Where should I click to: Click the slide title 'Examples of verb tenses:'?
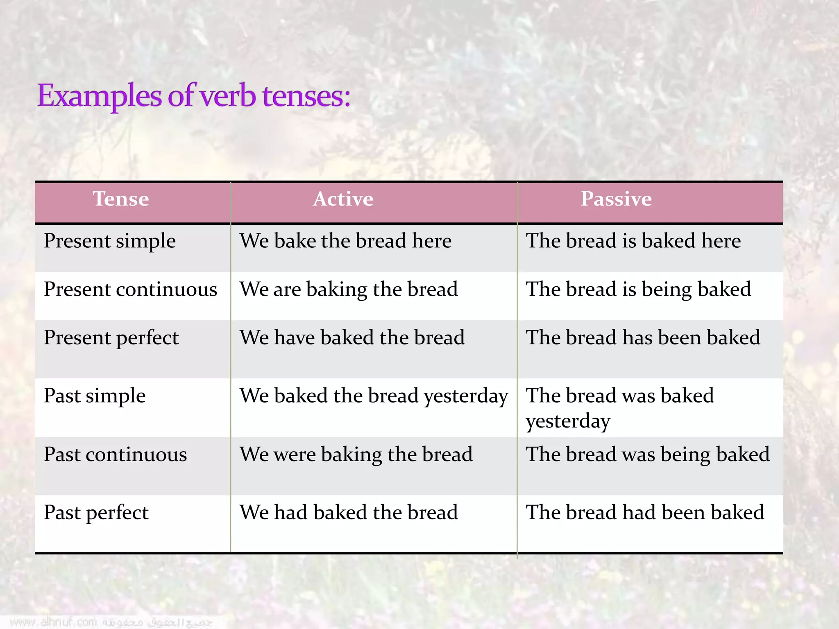pos(194,96)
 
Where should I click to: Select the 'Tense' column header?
pos(121,199)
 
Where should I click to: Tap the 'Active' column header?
pos(343,199)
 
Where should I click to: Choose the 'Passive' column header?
pos(616,199)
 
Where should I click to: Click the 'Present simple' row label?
pos(110,241)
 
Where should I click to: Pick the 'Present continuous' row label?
pos(130,289)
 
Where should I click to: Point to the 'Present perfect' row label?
pos(111,338)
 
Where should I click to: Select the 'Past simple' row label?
pos(95,396)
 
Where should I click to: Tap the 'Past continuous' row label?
pos(115,455)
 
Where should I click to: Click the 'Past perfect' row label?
pos(96,513)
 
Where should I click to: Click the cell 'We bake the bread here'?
pos(345,241)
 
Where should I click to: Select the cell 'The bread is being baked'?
pos(638,289)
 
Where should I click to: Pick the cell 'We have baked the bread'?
pos(352,338)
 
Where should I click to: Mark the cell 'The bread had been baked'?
pos(645,513)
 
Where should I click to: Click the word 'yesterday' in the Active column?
pos(466,397)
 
